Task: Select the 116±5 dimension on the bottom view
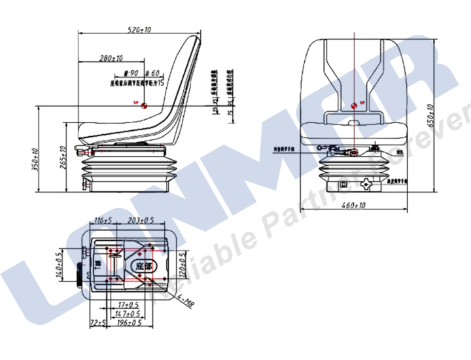[103, 221]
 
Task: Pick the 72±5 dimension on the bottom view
[97, 323]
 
